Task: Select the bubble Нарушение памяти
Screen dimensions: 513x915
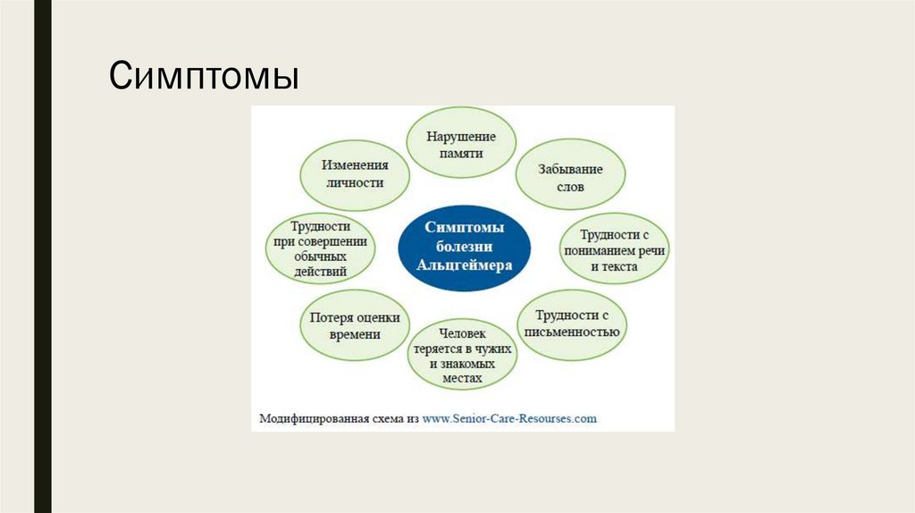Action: coord(461,144)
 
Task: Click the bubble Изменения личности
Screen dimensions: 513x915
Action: coord(354,173)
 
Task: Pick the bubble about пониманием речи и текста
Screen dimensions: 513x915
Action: coord(613,251)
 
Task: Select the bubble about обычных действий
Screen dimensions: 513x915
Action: coord(320,248)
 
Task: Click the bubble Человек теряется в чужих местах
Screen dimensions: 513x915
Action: coord(461,354)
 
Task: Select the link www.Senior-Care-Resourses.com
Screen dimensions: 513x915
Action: coord(509,417)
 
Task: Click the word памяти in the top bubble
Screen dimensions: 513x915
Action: coord(461,153)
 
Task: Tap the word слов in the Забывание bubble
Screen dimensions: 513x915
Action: coord(570,186)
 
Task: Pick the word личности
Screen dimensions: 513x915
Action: coord(354,182)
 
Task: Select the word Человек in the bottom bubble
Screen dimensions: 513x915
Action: coord(461,335)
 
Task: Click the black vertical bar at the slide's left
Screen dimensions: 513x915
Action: coord(42,256)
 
